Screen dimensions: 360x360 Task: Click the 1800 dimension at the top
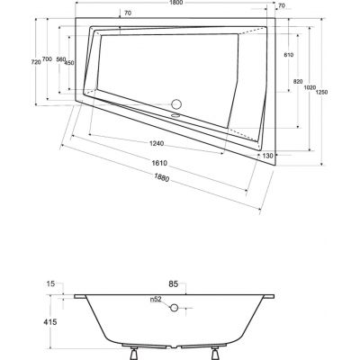pos(175,3)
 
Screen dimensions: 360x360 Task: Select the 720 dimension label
pos(36,62)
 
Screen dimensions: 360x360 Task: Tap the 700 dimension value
pos(47,58)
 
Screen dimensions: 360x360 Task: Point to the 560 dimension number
pos(61,59)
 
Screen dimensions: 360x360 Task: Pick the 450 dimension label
pos(69,63)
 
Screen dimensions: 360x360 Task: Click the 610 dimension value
pos(289,55)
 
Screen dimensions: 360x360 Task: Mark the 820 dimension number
pos(298,81)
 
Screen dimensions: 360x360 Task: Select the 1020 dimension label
pos(310,87)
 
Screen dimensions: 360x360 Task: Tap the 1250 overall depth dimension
pos(321,92)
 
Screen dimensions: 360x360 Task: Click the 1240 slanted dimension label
pos(157,143)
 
